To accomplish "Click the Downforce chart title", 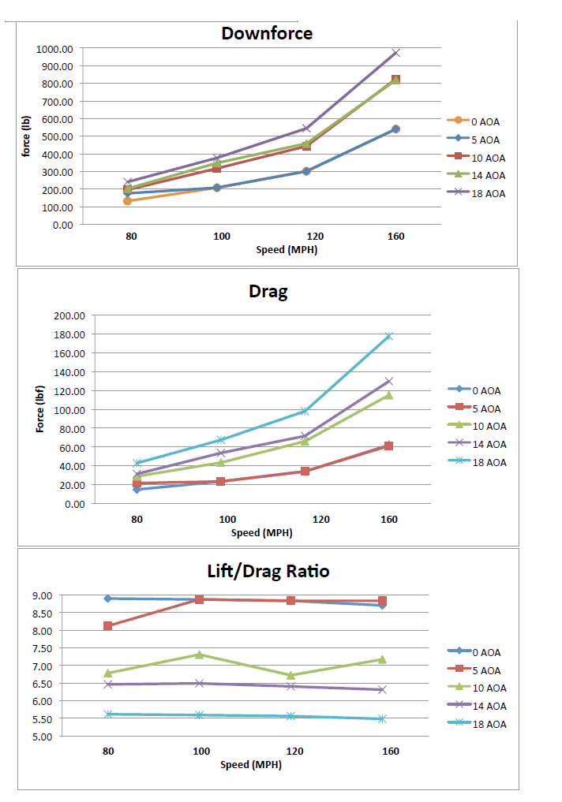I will [x=267, y=33].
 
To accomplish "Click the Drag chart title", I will [x=268, y=291].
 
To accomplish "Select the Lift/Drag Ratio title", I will [x=268, y=571].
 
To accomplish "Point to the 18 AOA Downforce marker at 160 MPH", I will [x=395, y=53].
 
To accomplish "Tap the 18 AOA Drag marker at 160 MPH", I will [x=388, y=336].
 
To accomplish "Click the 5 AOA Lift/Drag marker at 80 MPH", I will [x=108, y=625].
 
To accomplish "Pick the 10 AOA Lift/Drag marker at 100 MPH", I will [x=199, y=655].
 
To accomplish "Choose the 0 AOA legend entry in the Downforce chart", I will [x=485, y=121].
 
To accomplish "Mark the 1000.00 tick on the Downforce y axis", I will [x=54, y=49].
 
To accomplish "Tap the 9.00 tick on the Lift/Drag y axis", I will [x=64, y=595].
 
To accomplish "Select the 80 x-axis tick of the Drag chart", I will [x=137, y=519].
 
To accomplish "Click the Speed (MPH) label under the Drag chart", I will [x=261, y=532].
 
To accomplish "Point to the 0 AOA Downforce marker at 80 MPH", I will [x=127, y=201].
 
